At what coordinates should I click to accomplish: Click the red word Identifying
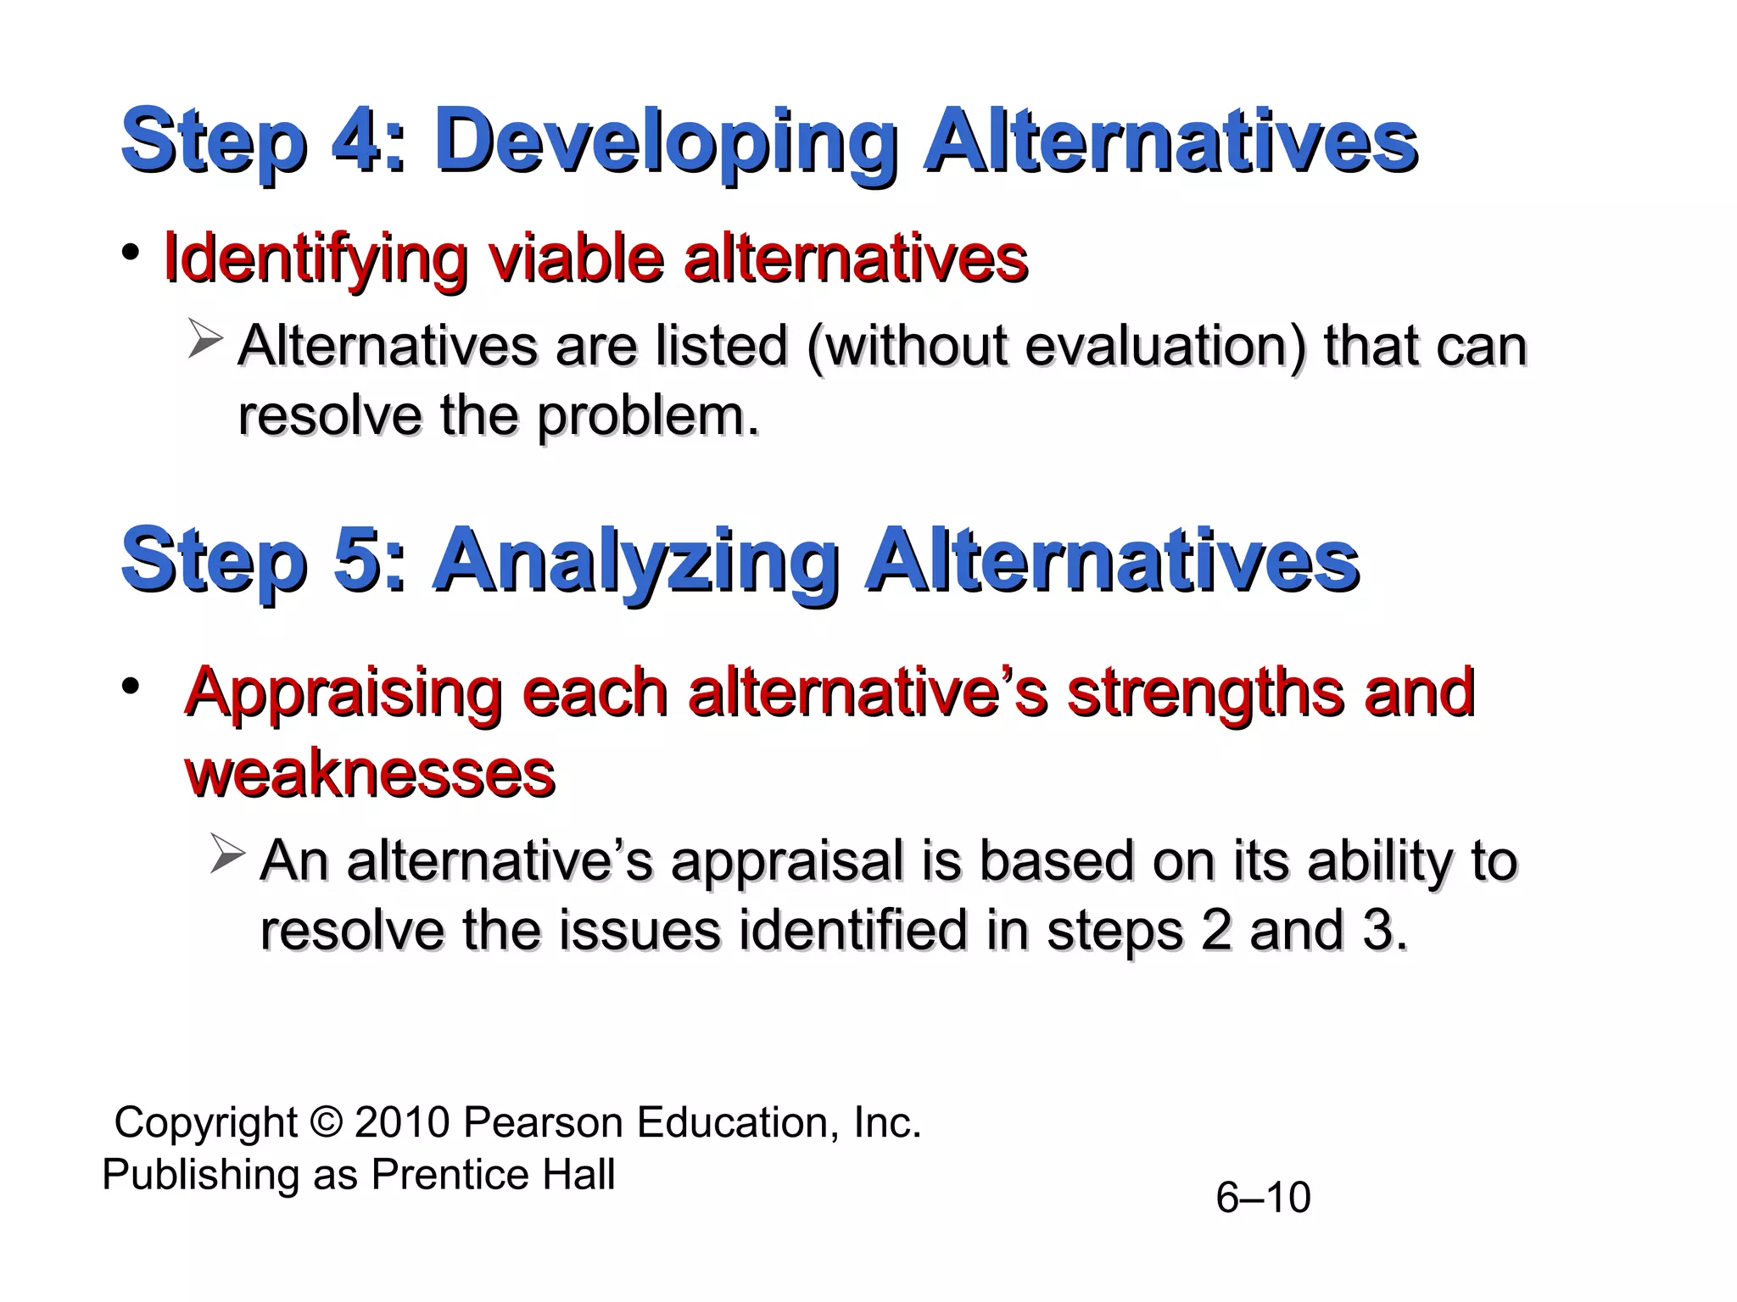[x=315, y=258]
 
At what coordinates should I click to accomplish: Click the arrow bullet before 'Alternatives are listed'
[x=204, y=340]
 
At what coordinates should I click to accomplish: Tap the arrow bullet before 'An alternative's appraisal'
[x=226, y=854]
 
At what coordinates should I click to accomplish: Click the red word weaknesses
[x=370, y=773]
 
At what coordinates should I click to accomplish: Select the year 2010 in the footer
[x=402, y=1122]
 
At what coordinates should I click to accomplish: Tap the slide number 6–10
[x=1263, y=1198]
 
